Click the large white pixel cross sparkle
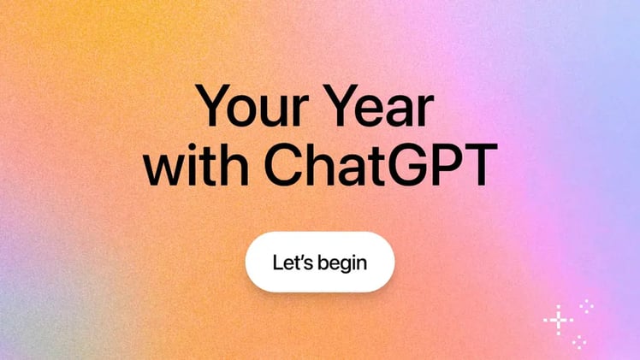coord(558,320)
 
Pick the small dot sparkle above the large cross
coord(586,304)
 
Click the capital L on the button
coord(277,262)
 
